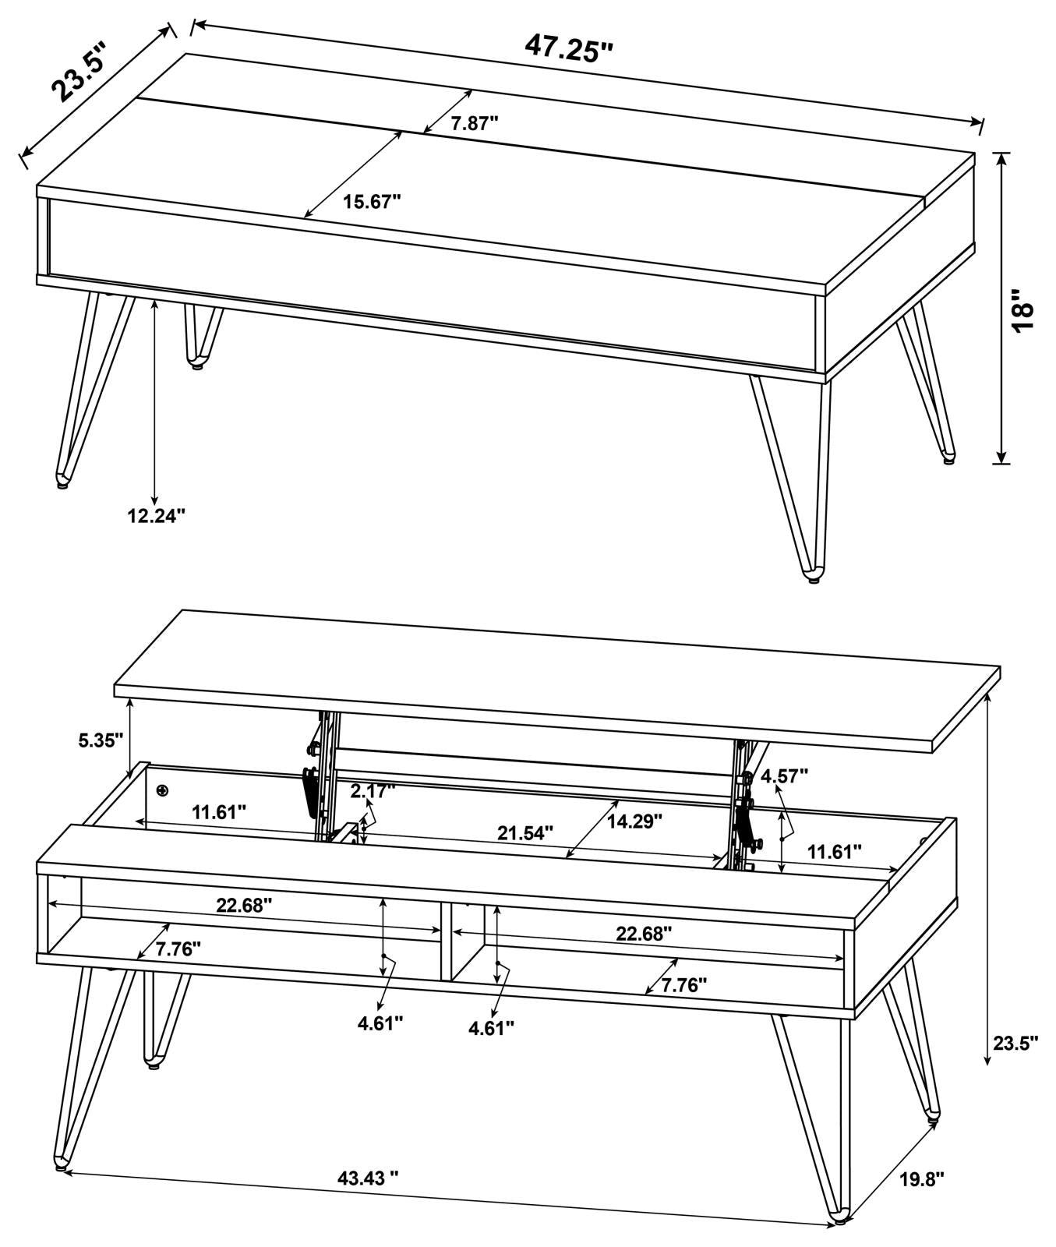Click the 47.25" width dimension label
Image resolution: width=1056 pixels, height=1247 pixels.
569,48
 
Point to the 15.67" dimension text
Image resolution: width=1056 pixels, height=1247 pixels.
372,202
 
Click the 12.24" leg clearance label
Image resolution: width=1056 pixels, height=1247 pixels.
157,515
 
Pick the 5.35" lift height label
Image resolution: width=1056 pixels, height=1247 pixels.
101,740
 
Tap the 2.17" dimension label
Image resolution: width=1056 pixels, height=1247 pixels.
373,791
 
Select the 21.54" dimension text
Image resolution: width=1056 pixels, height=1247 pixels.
525,832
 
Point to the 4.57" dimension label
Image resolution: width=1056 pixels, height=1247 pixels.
785,775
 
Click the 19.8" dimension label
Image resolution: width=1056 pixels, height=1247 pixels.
922,1201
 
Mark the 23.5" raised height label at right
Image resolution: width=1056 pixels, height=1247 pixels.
1015,1043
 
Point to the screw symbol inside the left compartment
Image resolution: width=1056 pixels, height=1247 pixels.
162,792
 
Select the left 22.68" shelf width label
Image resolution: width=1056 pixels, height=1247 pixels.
244,905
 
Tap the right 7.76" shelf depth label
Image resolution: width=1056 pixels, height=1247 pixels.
683,984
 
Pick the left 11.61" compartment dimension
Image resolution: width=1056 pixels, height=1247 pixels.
219,812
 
